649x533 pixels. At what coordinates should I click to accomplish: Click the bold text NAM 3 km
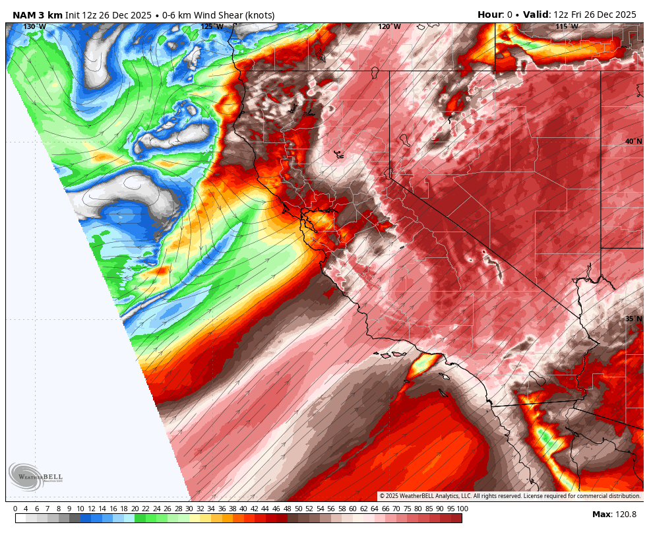38,15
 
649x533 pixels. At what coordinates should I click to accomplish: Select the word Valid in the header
536,15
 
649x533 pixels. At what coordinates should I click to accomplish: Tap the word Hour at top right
490,15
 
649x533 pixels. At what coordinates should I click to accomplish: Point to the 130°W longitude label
34,27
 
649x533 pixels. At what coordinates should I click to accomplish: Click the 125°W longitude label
212,27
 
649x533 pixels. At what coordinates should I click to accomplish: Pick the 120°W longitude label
389,27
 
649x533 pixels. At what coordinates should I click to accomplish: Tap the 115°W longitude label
567,27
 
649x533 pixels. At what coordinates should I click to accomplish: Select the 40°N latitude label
633,142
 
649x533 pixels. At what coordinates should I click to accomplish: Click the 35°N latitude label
633,319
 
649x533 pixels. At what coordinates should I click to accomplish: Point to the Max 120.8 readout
614,515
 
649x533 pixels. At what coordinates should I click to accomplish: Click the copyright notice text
510,496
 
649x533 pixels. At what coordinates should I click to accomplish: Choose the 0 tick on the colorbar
15,509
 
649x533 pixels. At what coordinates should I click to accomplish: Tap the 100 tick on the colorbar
462,509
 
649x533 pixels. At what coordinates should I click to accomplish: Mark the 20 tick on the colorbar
135,509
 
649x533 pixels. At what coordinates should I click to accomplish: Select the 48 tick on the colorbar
287,509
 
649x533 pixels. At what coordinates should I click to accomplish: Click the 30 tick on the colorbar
189,509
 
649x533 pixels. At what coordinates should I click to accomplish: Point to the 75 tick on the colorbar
408,509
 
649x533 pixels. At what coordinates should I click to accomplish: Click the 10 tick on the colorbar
80,509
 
